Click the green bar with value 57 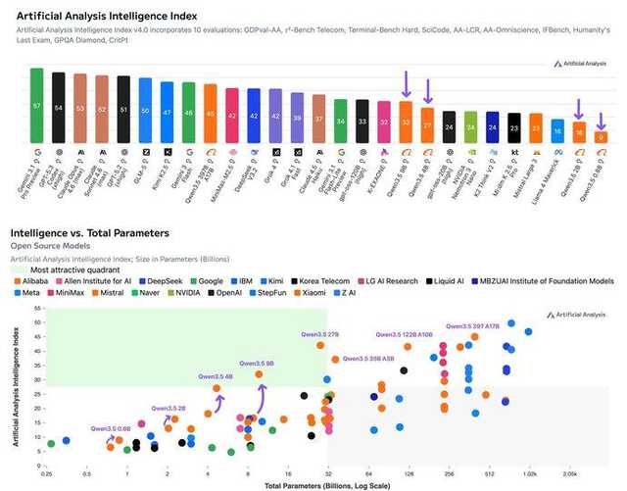point(36,105)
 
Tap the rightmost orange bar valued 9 point(602,138)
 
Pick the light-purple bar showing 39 point(297,117)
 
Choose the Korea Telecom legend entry point(322,279)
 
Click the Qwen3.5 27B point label point(319,335)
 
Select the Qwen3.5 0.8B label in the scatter point(112,428)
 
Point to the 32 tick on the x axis point(327,471)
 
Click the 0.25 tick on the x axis point(47,471)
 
